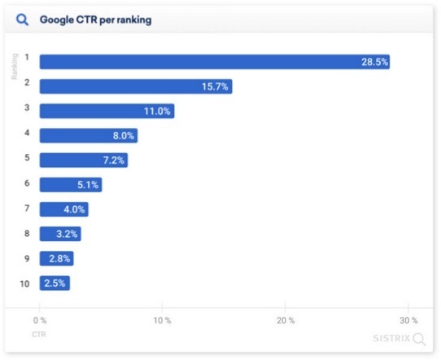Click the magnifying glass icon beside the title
(23, 20)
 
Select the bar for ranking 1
(214, 62)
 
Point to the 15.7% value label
(215, 87)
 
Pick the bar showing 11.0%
(107, 112)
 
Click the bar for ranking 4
(88, 136)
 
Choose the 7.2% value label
(112, 160)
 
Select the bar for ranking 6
(70, 185)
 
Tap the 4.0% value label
(73, 210)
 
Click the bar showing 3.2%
(60, 235)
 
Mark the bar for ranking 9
(56, 259)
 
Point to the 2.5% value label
(55, 283)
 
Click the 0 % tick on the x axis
(40, 320)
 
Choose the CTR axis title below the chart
(38, 334)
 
